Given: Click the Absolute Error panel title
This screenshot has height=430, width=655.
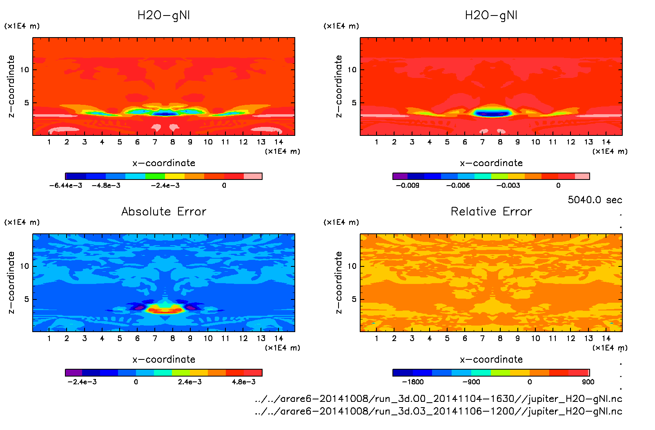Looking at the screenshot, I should tap(164, 211).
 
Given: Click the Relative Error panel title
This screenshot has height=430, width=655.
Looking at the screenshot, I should tap(491, 211).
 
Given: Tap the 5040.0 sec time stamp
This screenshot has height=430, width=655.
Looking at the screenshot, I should tap(595, 200).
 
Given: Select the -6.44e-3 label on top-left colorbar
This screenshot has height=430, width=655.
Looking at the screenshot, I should tap(66, 185).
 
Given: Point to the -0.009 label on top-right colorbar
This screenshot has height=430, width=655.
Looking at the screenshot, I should tap(408, 185).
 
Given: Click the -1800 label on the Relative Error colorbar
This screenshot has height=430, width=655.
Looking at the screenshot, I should tap(413, 382).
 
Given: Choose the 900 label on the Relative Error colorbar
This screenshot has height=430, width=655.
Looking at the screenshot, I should tap(588, 382).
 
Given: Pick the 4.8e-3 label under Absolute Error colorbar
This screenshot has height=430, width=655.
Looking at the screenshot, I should tap(244, 382).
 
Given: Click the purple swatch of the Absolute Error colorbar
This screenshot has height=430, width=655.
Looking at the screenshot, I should tap(74, 372).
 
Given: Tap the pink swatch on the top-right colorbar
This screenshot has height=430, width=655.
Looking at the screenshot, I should tap(582, 176).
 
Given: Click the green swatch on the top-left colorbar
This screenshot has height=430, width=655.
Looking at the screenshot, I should tap(155, 176).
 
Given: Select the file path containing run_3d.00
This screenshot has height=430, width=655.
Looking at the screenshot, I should tap(438, 399).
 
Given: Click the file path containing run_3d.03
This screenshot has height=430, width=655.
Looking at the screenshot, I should tap(438, 411).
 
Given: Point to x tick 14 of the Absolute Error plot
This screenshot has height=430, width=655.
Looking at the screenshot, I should tap(279, 338).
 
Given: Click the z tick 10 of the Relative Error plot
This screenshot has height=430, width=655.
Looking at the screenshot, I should tap(352, 266).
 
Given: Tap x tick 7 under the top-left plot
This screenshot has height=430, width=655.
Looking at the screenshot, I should tap(155, 142).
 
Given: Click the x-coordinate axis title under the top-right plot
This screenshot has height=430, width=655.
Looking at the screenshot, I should tap(491, 163).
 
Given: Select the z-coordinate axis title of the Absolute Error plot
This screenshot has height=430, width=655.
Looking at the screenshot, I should tap(11, 282).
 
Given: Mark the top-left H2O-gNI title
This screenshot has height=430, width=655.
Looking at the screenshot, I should tap(164, 16).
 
